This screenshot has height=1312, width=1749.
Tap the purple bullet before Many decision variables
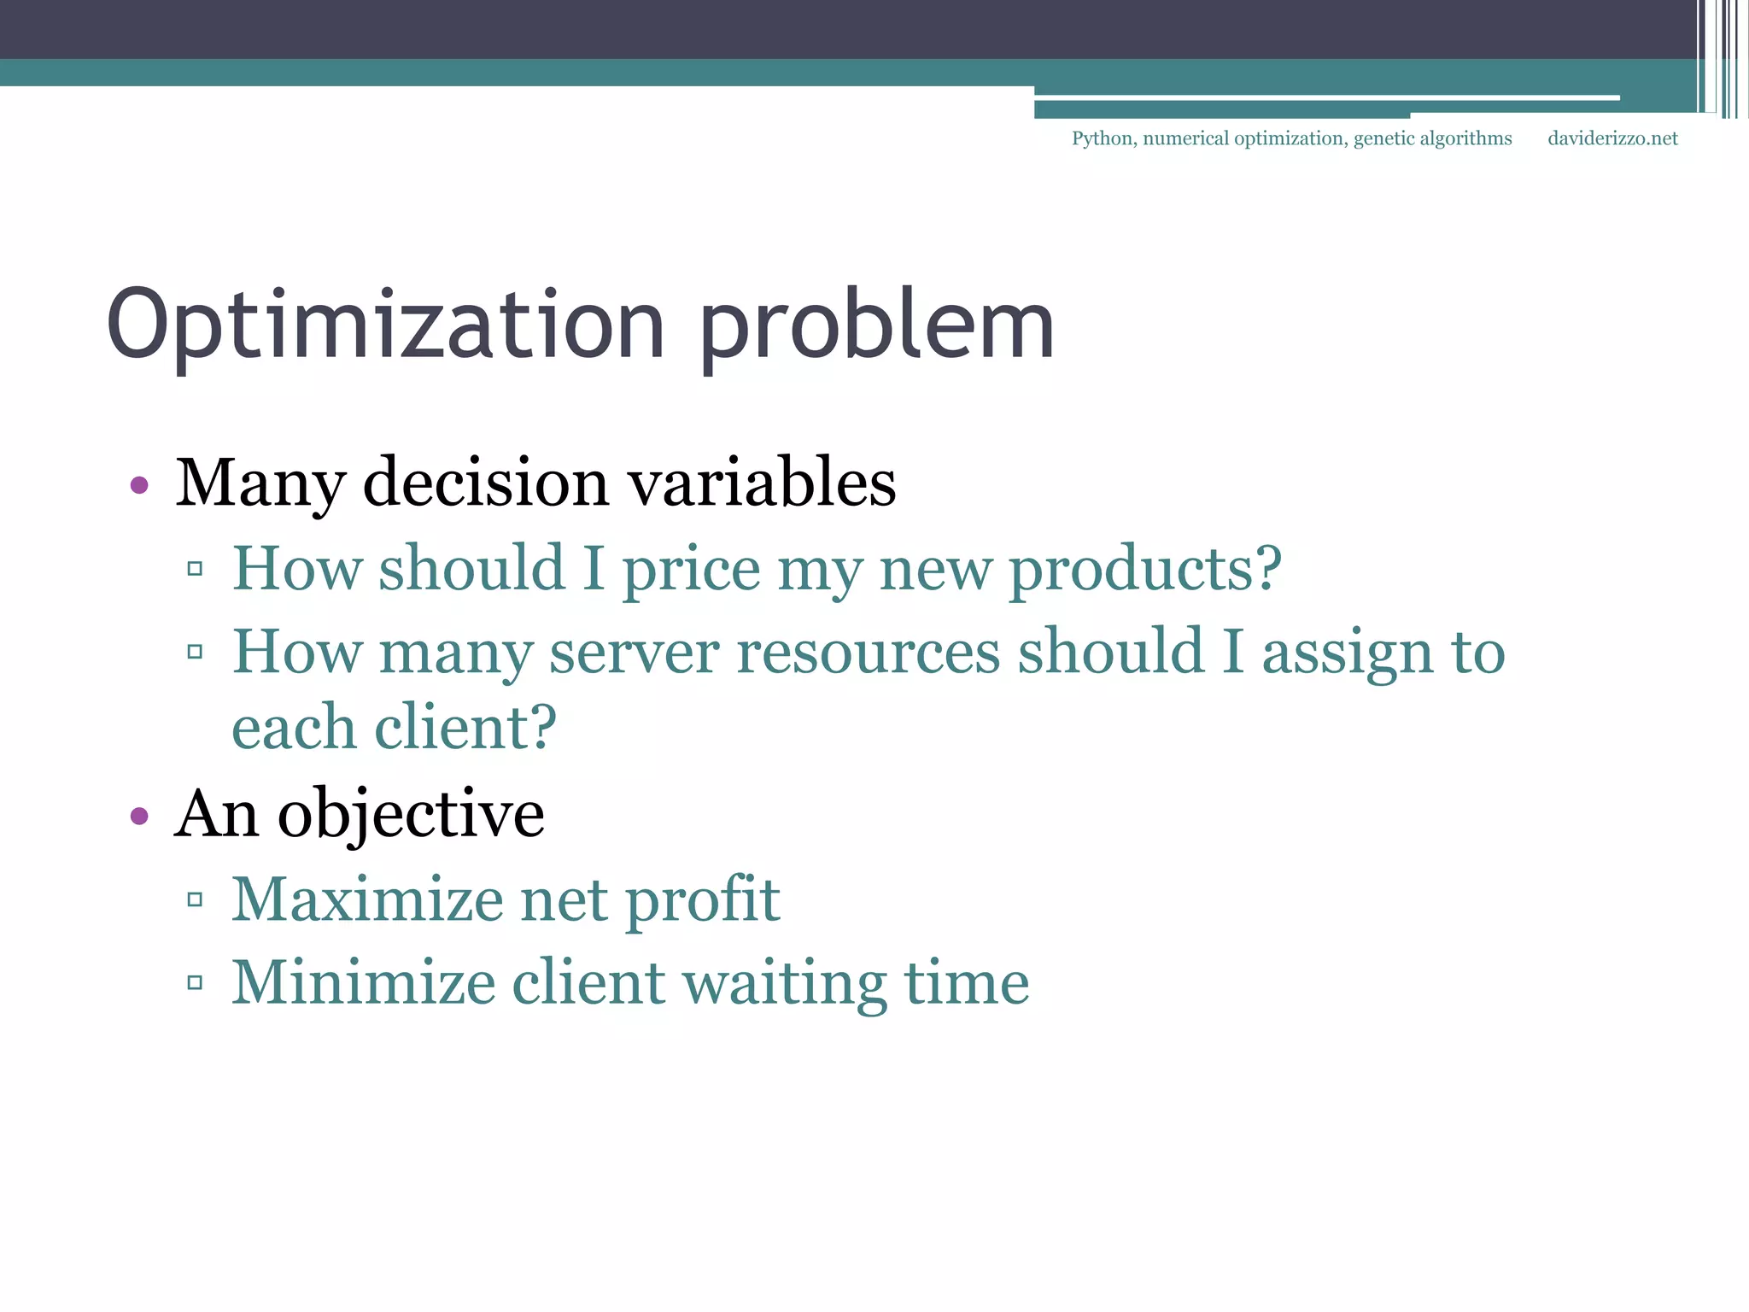[x=139, y=486]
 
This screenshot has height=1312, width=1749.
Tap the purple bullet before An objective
[x=139, y=817]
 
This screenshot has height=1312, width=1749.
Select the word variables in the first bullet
[x=762, y=483]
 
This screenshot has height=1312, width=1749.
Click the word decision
[x=486, y=483]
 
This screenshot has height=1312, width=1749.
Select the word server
[x=634, y=653]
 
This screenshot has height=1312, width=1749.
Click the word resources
[x=868, y=653]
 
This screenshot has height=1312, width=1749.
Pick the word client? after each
[x=465, y=728]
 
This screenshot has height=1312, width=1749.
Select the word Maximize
[x=367, y=899]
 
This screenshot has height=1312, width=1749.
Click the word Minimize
[x=363, y=982]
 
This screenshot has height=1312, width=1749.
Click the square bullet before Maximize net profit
[x=195, y=899]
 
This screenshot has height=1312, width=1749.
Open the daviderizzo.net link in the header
[x=1612, y=138]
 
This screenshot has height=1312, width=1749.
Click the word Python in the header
[x=1103, y=138]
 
